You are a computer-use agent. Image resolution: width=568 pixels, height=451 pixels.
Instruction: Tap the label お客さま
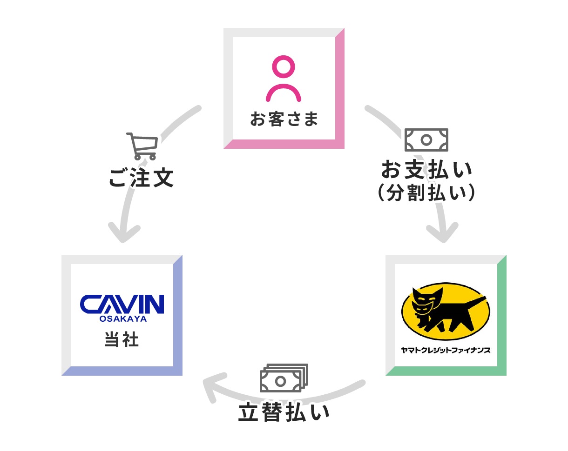click(x=284, y=119)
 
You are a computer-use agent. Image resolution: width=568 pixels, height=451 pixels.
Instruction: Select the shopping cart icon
click(x=142, y=146)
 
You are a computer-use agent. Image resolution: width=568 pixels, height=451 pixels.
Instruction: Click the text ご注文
click(x=141, y=178)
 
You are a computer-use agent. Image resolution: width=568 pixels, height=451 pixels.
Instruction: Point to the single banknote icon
click(x=426, y=139)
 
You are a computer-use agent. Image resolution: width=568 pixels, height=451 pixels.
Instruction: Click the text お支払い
click(x=426, y=170)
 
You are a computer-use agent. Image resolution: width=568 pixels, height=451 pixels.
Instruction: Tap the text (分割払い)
click(x=426, y=192)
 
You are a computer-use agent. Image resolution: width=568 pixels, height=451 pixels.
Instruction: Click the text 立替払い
click(x=284, y=412)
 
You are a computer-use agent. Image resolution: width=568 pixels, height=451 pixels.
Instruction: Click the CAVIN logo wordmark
click(x=122, y=304)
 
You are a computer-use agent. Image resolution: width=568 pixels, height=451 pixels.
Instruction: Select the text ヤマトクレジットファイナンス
click(x=446, y=350)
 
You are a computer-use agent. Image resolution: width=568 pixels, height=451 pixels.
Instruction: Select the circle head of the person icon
click(x=283, y=66)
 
